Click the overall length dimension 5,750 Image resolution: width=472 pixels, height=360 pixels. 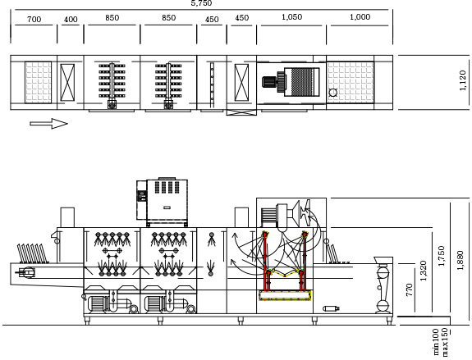201,3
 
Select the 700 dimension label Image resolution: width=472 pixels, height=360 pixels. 34,20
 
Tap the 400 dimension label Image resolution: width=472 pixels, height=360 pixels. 71,20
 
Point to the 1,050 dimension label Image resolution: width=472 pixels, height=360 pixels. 291,17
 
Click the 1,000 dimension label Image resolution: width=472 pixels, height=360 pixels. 360,17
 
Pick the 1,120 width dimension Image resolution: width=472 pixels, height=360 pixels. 463,80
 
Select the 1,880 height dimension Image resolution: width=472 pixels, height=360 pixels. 461,261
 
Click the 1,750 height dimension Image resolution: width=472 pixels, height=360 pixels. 442,256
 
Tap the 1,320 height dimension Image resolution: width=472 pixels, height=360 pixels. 424,271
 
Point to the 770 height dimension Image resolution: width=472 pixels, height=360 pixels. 409,290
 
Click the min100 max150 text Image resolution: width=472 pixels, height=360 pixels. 440,342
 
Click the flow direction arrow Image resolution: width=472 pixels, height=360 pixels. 48,124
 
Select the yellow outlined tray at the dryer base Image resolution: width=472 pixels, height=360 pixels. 285,296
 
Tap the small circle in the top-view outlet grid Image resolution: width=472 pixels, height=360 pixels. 333,93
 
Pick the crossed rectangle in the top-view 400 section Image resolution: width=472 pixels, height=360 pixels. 67,82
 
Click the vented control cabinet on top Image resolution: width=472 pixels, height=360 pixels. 167,202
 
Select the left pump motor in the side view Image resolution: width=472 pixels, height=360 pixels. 98,304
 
